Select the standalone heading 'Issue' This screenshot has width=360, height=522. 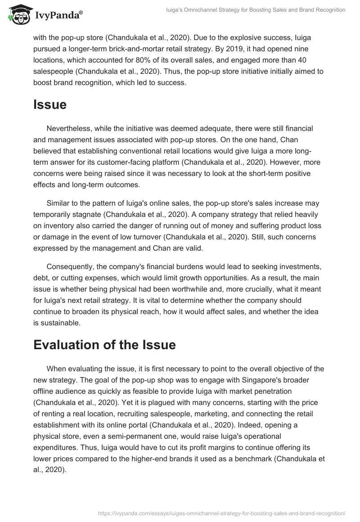pyautogui.click(x=49, y=104)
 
